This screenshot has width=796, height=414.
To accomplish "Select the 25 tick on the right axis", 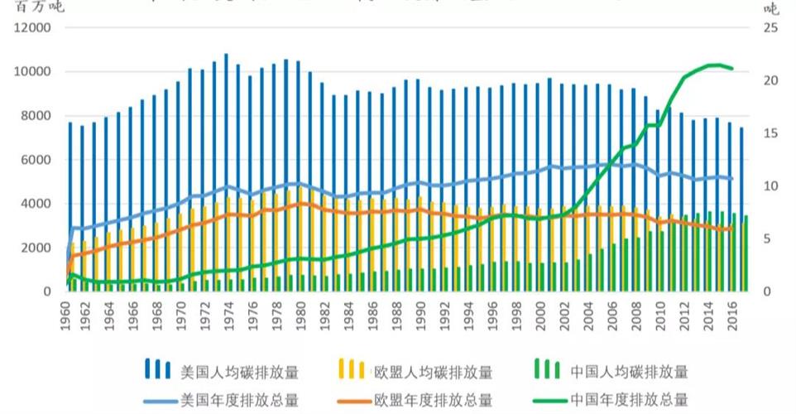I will [x=770, y=27].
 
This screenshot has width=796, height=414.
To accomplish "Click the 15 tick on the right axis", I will [x=770, y=133].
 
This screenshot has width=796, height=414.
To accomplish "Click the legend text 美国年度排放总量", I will [x=239, y=400].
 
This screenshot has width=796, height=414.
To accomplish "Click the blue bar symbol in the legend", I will [x=158, y=370].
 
